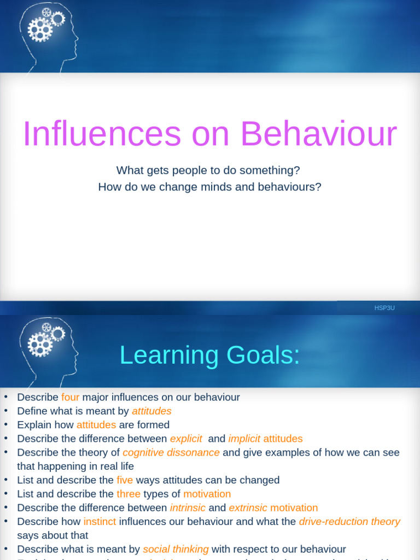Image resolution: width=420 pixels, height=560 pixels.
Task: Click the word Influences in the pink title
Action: pos(101,135)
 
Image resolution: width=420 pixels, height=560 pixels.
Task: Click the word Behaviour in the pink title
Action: pos(319,135)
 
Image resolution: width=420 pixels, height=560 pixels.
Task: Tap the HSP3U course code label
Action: pos(384,308)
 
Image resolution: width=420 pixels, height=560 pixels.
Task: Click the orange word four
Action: pos(71,398)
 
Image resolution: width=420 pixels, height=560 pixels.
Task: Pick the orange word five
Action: pos(125,480)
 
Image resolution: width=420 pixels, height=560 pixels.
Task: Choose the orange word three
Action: pos(129,494)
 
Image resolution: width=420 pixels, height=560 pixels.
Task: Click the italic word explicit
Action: pos(186,439)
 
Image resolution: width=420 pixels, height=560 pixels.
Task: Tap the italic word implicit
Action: pos(244,439)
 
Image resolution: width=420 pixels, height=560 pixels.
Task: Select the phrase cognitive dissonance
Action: pos(171,452)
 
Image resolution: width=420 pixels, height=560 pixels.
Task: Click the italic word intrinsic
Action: pos(188,507)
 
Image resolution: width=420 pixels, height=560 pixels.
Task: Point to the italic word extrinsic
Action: pos(248,507)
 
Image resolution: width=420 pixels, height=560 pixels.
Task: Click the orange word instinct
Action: pos(100,521)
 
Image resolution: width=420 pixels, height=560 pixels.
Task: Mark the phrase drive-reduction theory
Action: pos(349,521)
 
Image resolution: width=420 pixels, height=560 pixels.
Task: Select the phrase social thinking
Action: pos(176,549)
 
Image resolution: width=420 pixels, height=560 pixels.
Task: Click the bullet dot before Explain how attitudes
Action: pos(5,425)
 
